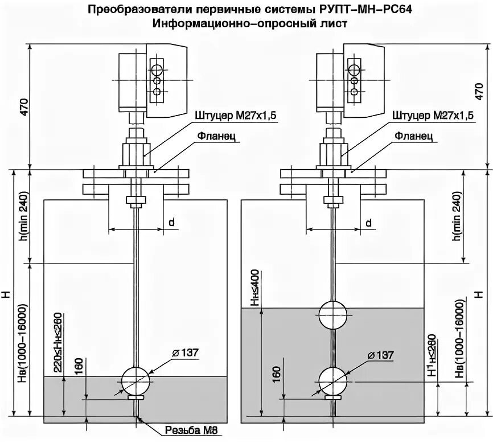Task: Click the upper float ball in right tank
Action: click(x=332, y=314)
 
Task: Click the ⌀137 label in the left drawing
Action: click(x=184, y=353)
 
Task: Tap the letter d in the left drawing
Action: click(x=171, y=221)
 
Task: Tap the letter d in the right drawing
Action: click(x=368, y=221)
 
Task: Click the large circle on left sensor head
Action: click(x=155, y=71)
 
